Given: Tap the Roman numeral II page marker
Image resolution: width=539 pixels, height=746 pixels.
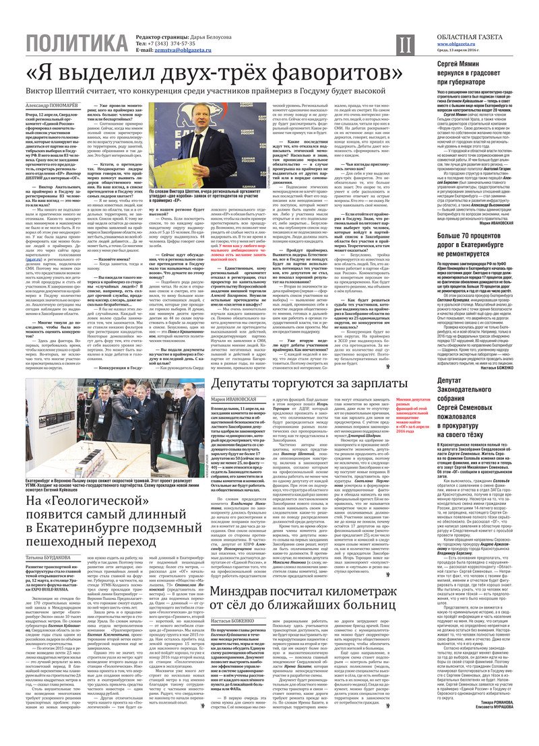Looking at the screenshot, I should coord(403,45).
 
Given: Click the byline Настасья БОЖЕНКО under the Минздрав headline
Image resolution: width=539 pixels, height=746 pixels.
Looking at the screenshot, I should coord(233,620).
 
